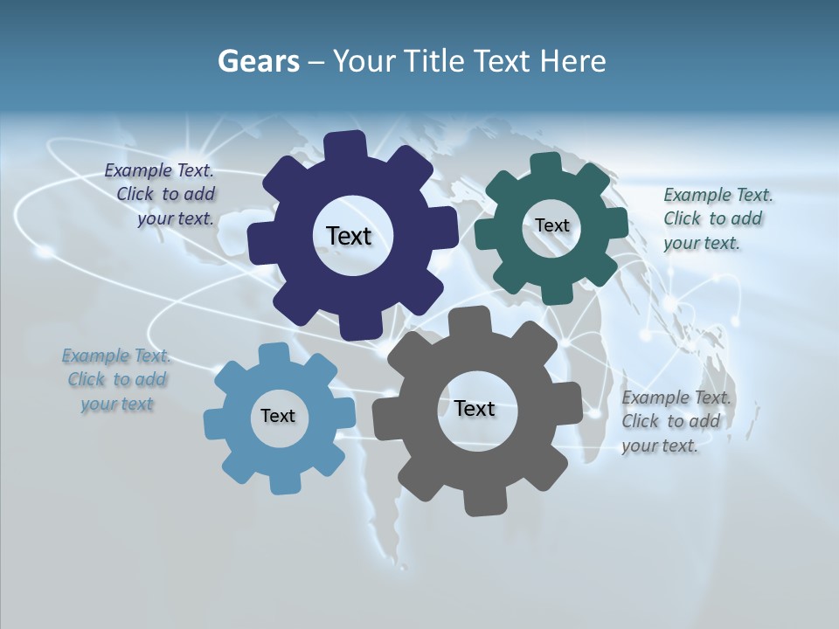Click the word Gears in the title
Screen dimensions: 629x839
pyautogui.click(x=258, y=62)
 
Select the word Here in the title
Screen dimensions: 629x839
pyautogui.click(x=572, y=62)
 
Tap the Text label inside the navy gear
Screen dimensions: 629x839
pyautogui.click(x=349, y=236)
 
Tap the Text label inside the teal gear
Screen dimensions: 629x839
pyautogui.click(x=551, y=225)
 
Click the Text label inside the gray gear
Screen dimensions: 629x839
pyautogui.click(x=475, y=408)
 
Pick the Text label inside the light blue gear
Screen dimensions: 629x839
pyautogui.click(x=278, y=416)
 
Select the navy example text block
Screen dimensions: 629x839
pyautogui.click(x=160, y=195)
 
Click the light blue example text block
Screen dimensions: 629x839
pyautogui.click(x=116, y=379)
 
